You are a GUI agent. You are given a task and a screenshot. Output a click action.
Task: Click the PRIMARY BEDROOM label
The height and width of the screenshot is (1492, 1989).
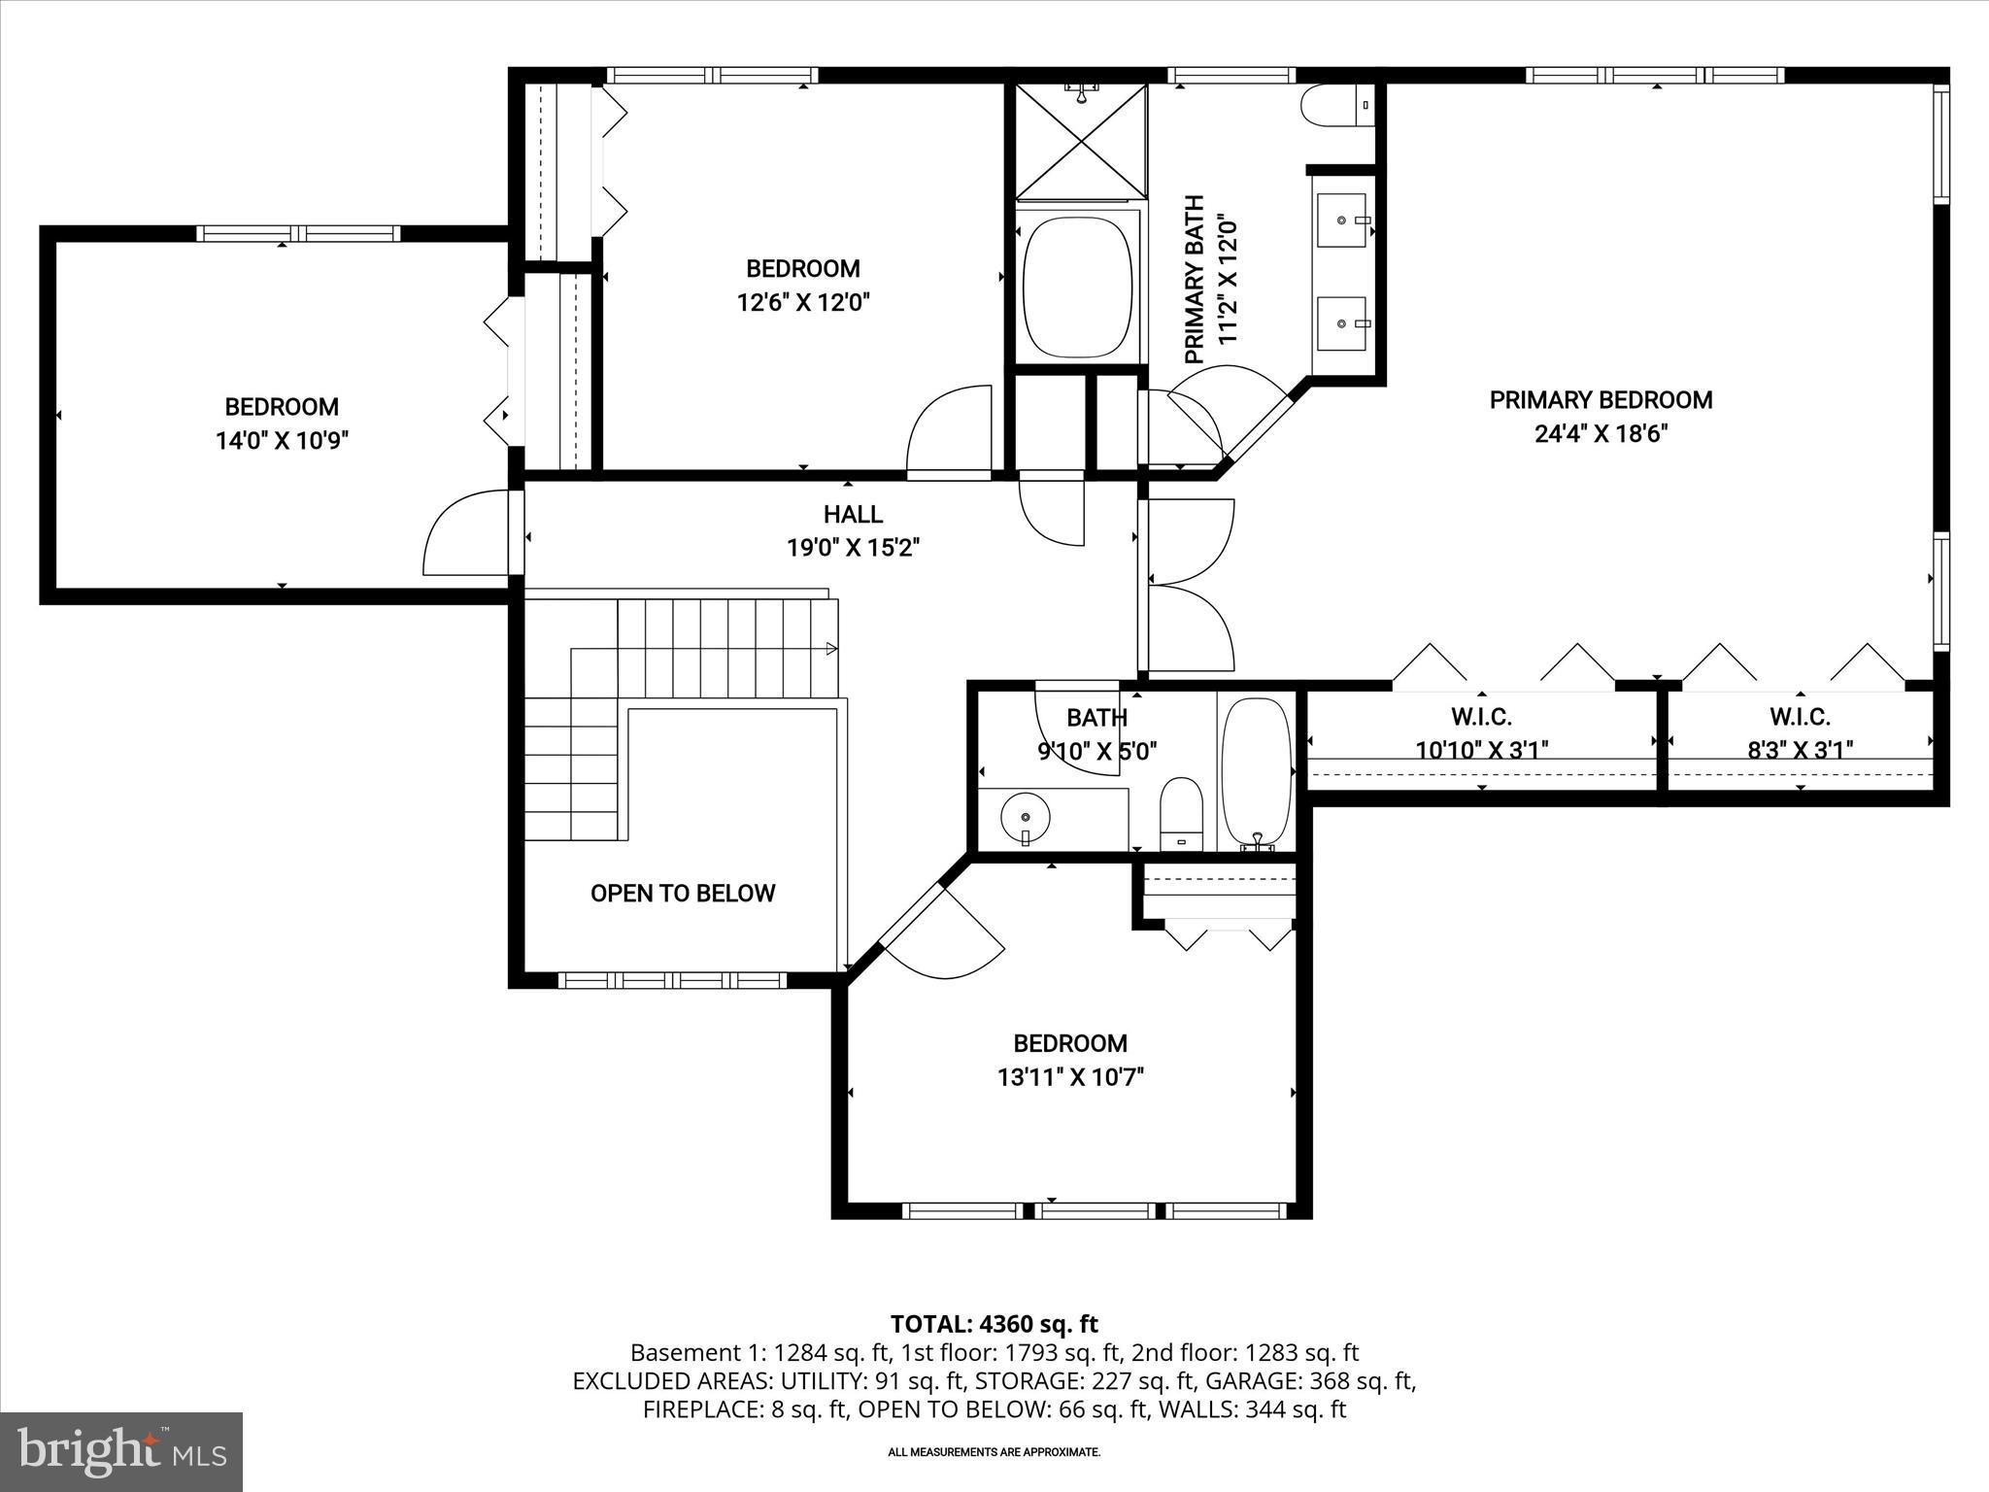(x=1601, y=399)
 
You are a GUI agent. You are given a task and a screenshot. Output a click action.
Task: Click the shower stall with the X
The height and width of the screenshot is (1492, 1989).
(x=1081, y=142)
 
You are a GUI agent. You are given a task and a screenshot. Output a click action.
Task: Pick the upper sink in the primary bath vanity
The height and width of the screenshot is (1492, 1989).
(x=1342, y=220)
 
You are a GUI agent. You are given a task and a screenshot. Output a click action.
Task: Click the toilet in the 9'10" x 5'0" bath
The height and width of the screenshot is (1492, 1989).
(x=1182, y=811)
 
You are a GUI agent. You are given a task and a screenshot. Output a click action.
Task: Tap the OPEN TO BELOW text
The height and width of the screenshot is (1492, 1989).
(x=683, y=893)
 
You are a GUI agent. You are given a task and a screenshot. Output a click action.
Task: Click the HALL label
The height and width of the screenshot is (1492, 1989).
(x=853, y=514)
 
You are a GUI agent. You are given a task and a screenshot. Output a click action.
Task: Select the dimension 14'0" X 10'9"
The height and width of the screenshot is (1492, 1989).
(x=282, y=440)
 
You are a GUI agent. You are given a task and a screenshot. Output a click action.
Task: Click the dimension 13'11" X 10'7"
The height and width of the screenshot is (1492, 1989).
(x=1070, y=1076)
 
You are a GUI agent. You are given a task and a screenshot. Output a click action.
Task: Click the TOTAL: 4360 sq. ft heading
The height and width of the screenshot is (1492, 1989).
(x=994, y=1323)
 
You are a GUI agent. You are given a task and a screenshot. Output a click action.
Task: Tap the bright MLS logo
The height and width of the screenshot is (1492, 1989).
(x=121, y=1451)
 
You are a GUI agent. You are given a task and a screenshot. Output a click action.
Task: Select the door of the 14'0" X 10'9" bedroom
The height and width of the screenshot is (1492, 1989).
(x=465, y=534)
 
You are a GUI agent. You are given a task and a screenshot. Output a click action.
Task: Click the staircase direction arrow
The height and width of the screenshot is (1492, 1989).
(x=831, y=648)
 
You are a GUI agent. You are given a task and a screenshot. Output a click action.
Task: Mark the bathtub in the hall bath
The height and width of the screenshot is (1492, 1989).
(x=1256, y=772)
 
